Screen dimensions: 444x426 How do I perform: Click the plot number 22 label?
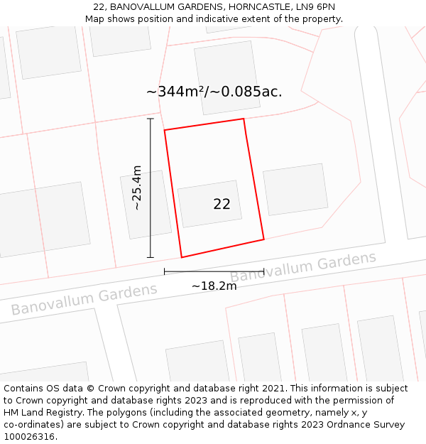[222, 204]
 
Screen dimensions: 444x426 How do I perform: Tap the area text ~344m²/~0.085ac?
[214, 92]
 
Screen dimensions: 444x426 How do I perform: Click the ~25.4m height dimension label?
[137, 188]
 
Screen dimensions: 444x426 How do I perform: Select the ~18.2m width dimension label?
[214, 286]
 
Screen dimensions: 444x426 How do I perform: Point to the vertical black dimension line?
[151, 188]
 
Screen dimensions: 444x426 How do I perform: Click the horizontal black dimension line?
[214, 271]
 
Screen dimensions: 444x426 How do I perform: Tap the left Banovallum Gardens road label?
[84, 299]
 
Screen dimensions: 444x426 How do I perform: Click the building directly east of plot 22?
[295, 189]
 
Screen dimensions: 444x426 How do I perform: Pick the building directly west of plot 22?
[146, 205]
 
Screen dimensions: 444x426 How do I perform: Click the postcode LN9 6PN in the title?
[312, 7]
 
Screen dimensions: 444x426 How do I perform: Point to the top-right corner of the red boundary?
[244, 119]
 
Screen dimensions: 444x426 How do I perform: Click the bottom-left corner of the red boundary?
[182, 257]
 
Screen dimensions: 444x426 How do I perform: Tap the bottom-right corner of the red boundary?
[264, 239]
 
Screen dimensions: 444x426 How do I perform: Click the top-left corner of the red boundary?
[165, 130]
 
